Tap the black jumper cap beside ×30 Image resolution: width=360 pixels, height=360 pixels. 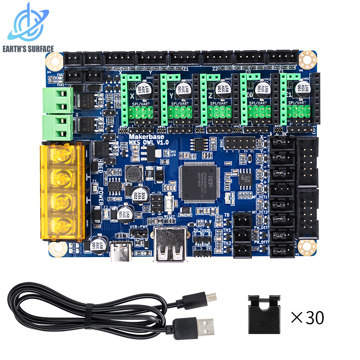point(264,314)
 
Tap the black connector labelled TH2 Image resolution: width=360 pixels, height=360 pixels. point(242,249)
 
